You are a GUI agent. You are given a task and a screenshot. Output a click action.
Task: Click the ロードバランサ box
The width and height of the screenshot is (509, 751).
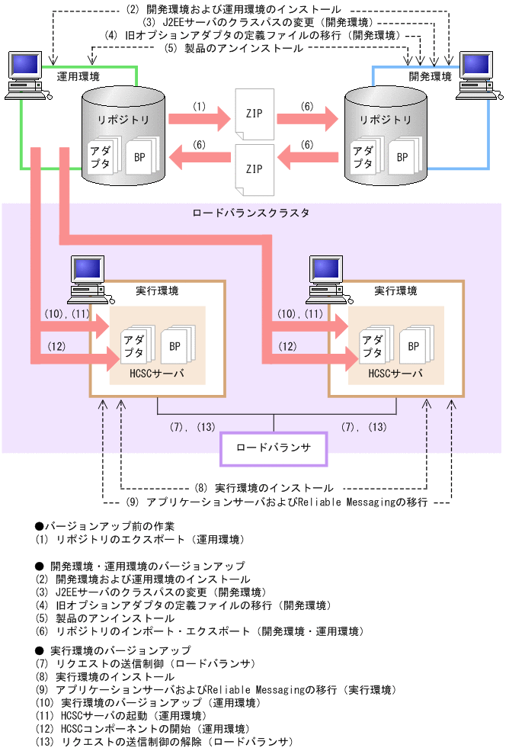(274, 448)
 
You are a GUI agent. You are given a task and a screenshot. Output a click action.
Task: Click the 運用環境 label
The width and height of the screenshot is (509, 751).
(78, 76)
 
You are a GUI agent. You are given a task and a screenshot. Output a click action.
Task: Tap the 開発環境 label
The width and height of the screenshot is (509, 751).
(430, 76)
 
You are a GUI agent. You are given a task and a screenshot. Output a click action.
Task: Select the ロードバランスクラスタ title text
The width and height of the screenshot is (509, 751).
(251, 213)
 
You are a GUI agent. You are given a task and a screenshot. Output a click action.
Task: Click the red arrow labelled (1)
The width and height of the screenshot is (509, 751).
(198, 119)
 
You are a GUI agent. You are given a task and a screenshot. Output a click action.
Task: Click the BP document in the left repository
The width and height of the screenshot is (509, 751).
(140, 157)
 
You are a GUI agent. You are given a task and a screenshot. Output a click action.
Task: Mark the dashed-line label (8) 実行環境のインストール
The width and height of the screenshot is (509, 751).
(263, 487)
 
